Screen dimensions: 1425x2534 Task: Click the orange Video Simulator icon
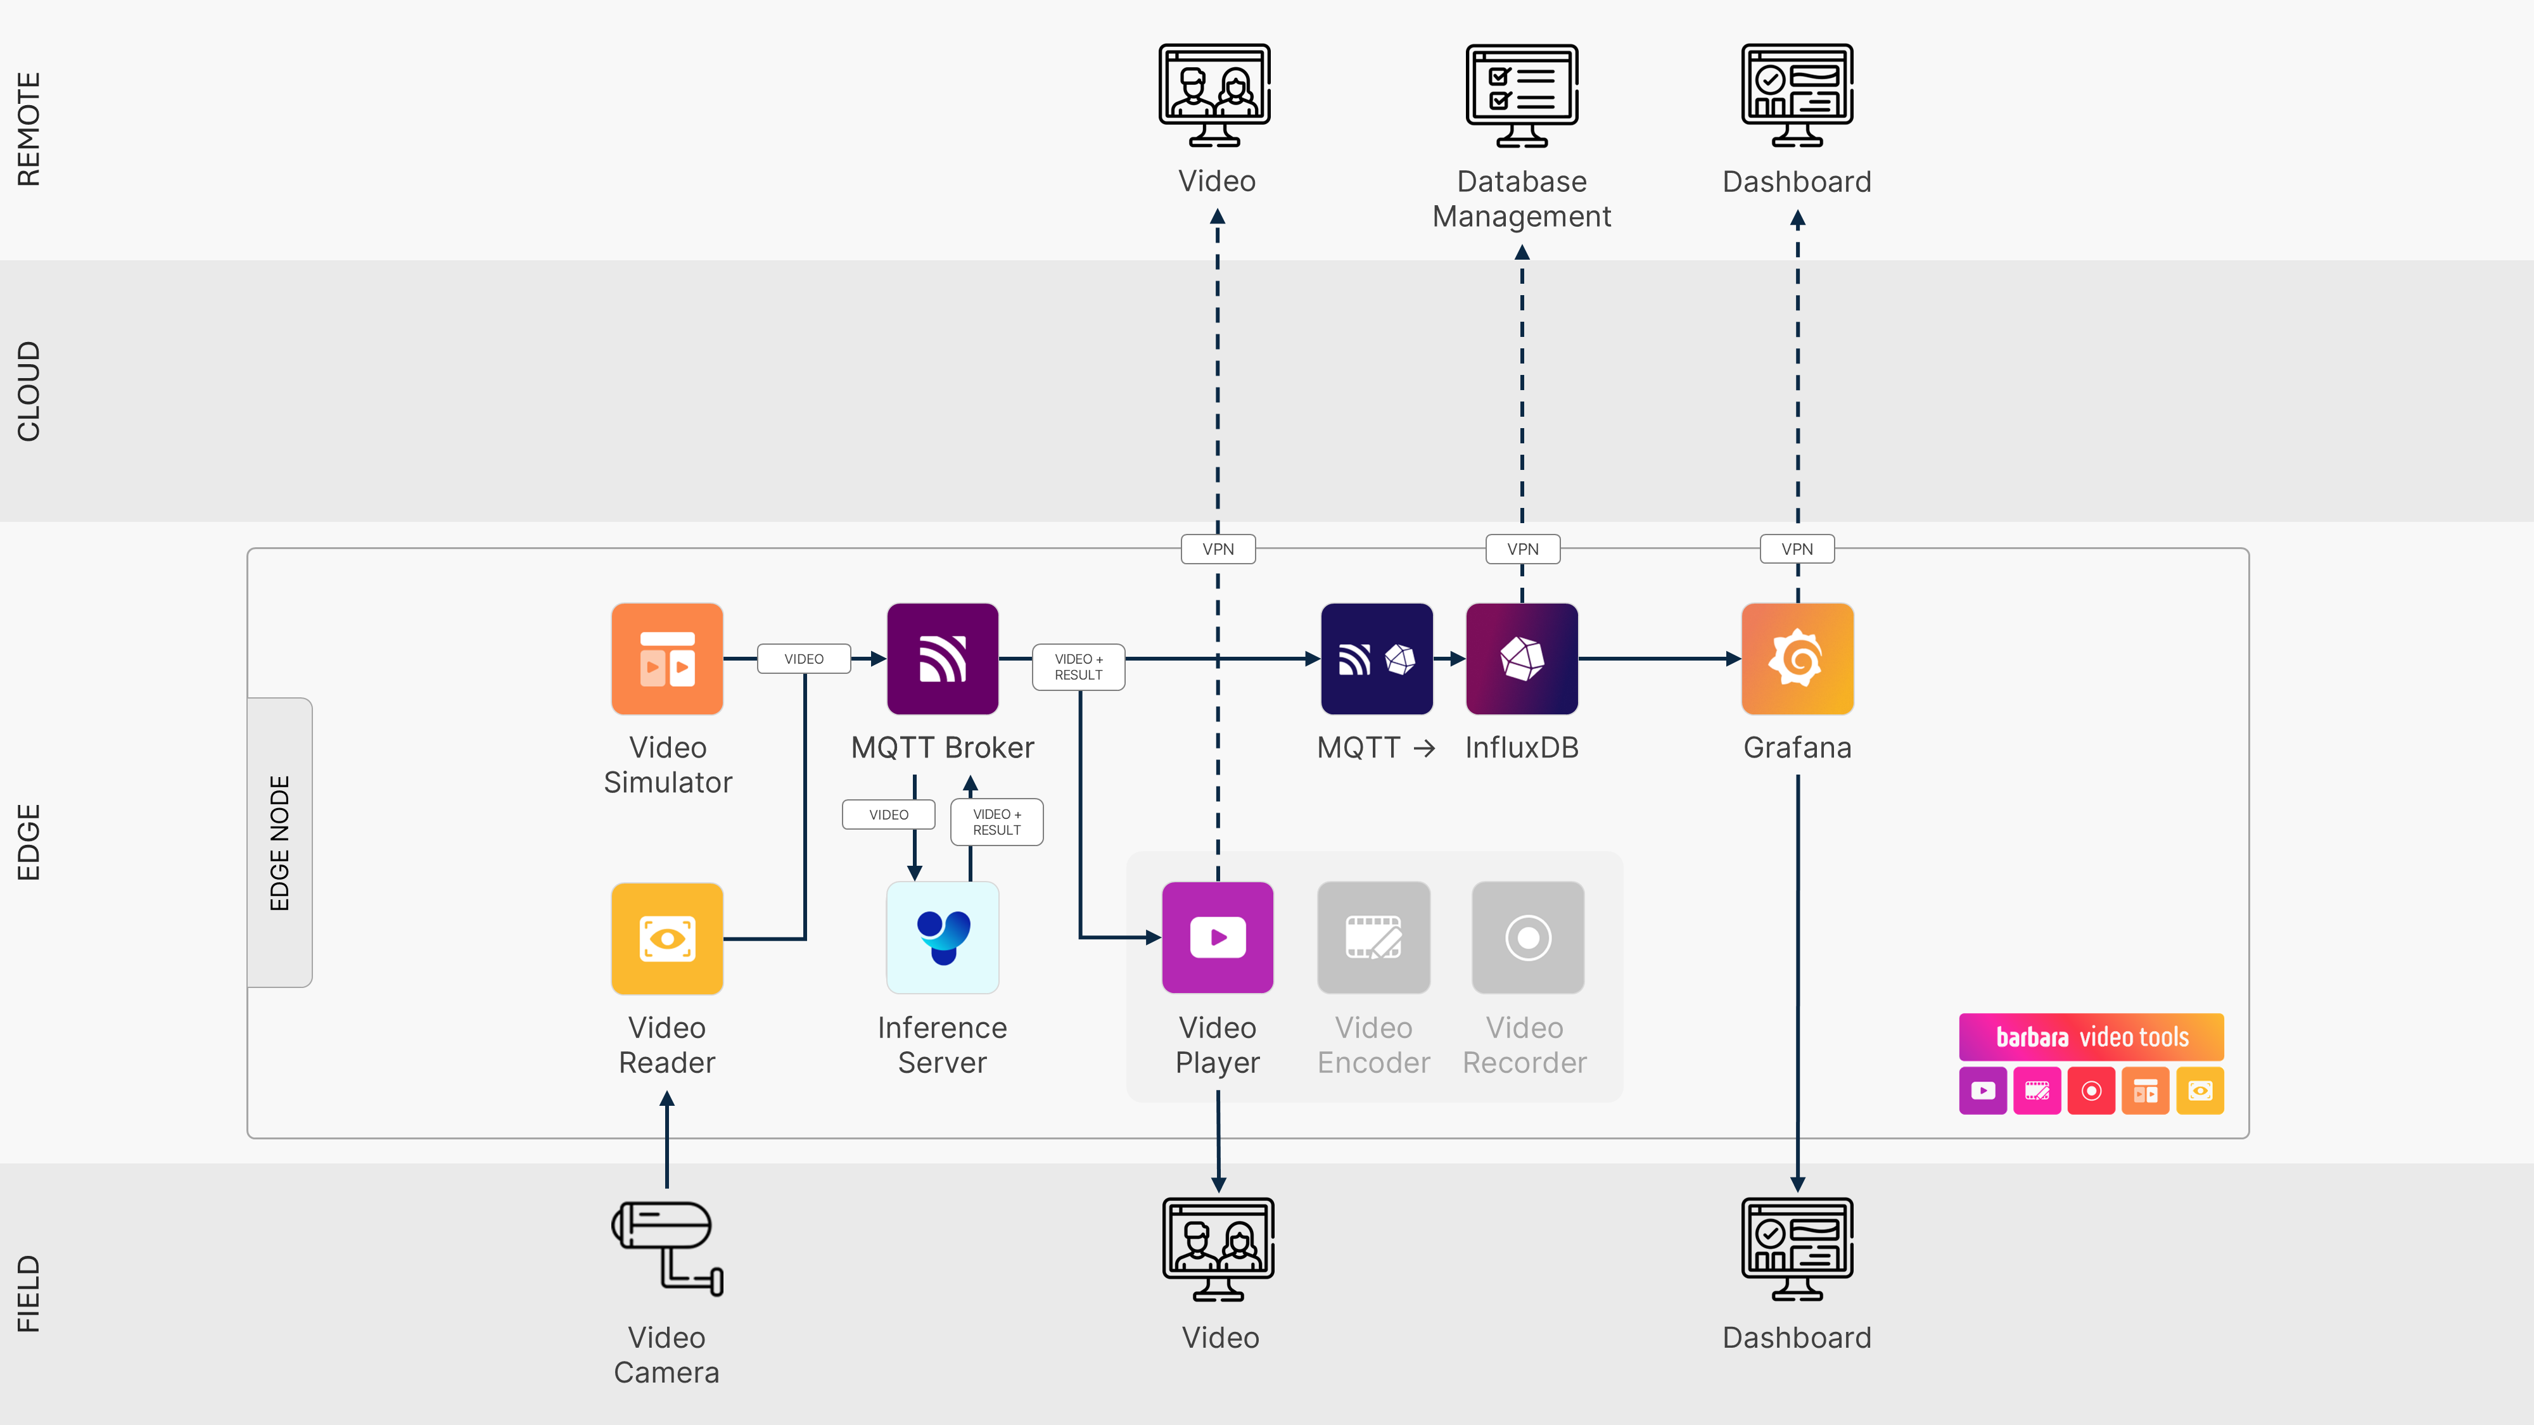click(x=667, y=658)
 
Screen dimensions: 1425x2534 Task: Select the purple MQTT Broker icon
click(x=943, y=658)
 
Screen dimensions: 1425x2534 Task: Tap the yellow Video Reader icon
click(x=667, y=938)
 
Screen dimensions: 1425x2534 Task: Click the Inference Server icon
click(x=943, y=938)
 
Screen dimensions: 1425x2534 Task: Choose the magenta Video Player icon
click(x=1218, y=938)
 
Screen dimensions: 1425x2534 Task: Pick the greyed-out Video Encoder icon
click(x=1373, y=938)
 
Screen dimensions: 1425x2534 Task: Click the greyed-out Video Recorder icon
click(x=1527, y=938)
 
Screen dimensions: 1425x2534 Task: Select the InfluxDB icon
click(x=1522, y=658)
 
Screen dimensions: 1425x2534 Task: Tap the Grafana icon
click(x=1797, y=658)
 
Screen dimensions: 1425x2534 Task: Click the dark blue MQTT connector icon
click(x=1376, y=658)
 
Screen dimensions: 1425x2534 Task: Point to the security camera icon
click(x=667, y=1247)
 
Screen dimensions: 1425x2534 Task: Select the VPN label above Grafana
click(x=1797, y=548)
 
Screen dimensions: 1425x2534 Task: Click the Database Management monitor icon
click(x=1522, y=96)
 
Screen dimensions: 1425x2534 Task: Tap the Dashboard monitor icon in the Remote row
click(x=1797, y=96)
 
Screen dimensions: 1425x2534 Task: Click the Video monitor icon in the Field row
click(x=1218, y=1249)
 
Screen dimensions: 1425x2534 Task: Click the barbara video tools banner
click(x=2091, y=1037)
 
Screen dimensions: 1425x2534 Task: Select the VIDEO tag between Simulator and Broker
click(x=804, y=659)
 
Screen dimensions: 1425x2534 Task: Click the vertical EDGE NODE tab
click(x=279, y=843)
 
